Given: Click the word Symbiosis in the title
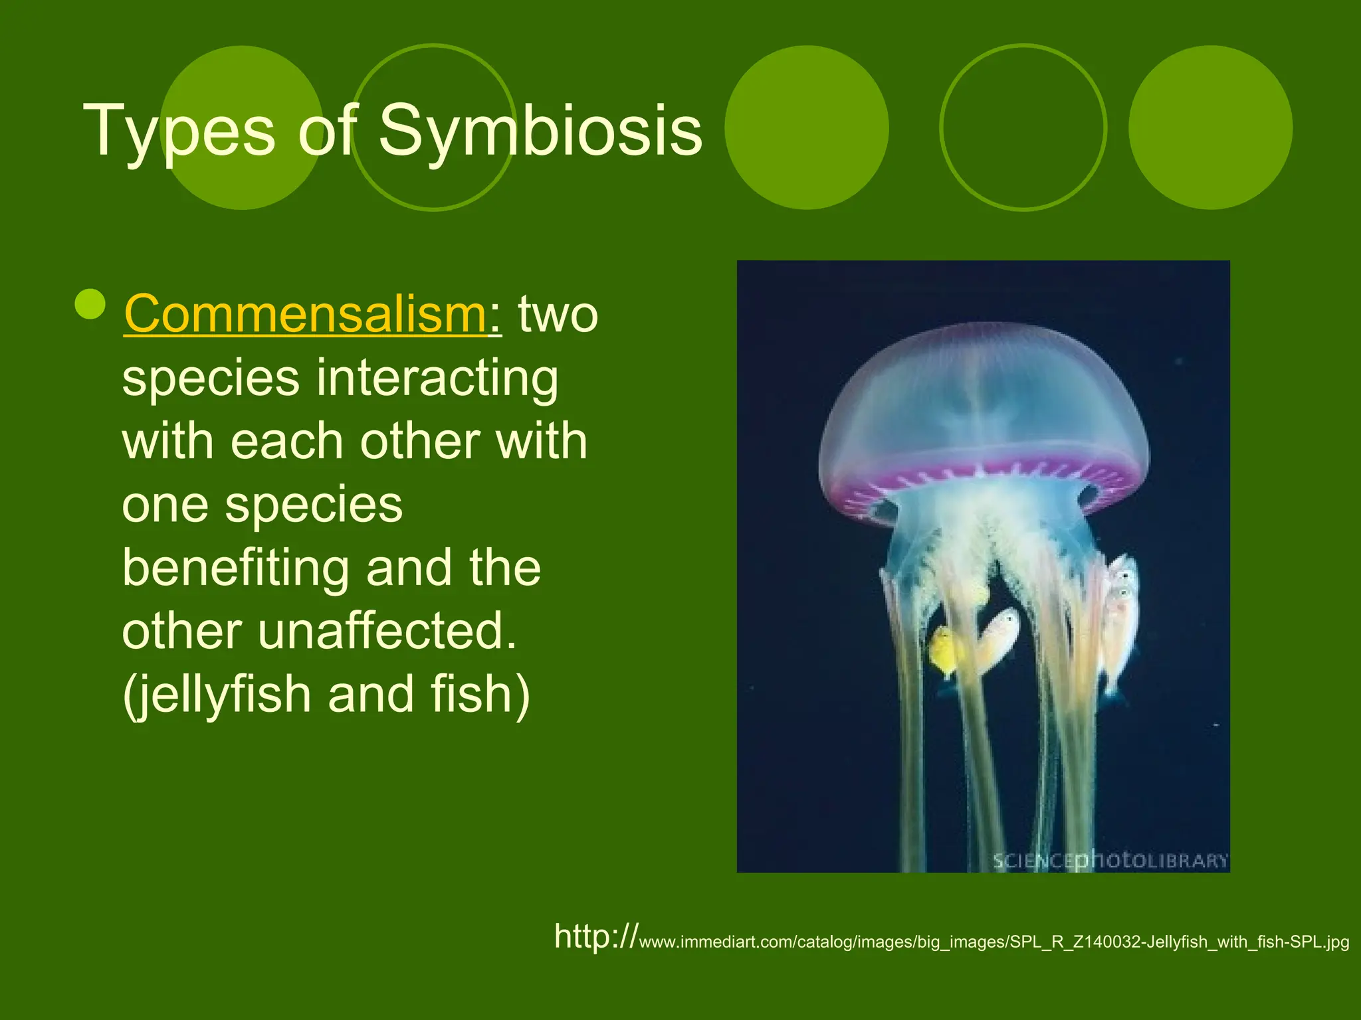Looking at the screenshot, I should tap(540, 131).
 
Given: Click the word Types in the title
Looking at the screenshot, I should tap(178, 131).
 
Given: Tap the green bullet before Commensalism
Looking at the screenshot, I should tap(90, 304).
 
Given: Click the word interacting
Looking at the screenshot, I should tap(437, 379).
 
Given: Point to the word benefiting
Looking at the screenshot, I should tap(235, 569).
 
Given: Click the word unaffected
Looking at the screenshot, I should tap(387, 632).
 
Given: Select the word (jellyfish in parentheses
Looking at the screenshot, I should tap(217, 695).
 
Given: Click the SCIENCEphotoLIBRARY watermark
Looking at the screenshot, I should tap(1110, 861).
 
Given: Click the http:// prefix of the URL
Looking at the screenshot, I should tap(595, 936).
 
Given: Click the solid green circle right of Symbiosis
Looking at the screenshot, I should tap(806, 127).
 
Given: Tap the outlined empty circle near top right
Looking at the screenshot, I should tap(1023, 127).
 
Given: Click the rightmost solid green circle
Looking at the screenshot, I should tap(1210, 127).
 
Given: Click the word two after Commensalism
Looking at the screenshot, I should tap(558, 314).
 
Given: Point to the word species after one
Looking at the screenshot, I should tap(314, 505).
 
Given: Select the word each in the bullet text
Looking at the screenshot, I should tap(286, 442).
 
